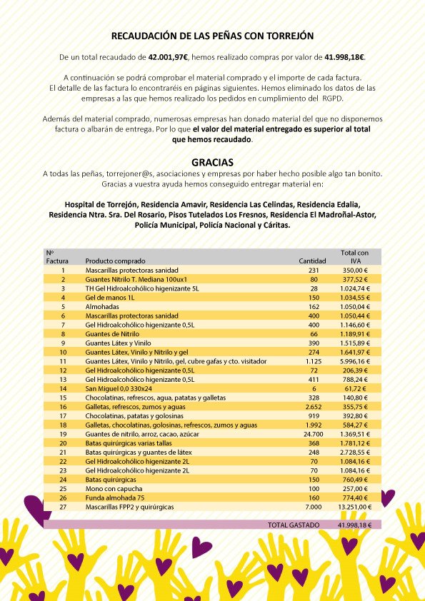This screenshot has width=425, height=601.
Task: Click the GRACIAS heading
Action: tap(212, 162)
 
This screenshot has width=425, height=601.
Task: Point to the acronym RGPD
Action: tap(335, 97)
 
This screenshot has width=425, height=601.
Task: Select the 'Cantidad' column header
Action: tap(312, 261)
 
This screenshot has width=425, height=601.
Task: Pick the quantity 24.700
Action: tap(314, 433)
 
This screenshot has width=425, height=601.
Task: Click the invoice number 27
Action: tap(63, 505)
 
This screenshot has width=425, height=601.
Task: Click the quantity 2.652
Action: tap(315, 406)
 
